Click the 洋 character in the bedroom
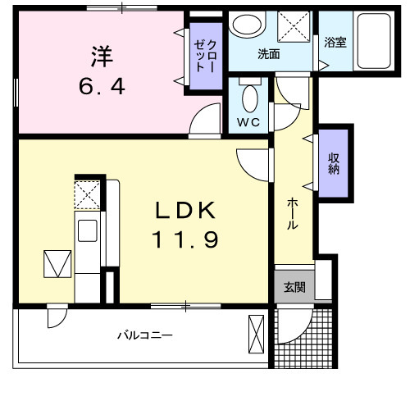tap(101, 57)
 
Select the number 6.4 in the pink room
tap(101, 85)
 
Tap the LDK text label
tap(187, 211)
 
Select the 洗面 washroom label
tap(268, 55)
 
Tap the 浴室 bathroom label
tap(335, 41)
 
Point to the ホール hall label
tap(292, 215)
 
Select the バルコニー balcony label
tap(143, 336)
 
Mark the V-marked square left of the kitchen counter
tap(57, 265)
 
